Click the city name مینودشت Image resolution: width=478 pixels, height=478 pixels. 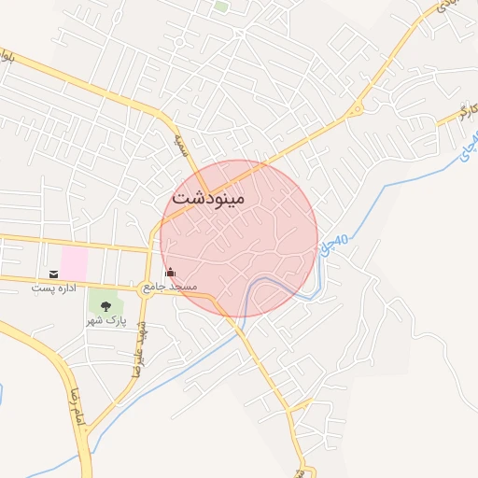tap(207, 198)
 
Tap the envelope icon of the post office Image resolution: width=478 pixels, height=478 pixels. tap(53, 274)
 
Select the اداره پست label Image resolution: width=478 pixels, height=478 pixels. tap(52, 288)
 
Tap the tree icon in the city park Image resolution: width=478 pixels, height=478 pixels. tap(105, 305)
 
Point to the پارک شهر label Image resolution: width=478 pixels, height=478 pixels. tap(105, 320)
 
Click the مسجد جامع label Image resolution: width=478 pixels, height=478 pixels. tap(169, 286)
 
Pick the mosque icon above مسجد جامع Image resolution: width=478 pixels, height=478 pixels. tap(169, 273)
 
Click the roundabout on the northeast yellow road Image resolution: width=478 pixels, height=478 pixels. tap(355, 111)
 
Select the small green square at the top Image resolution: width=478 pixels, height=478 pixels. tap(221, 6)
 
